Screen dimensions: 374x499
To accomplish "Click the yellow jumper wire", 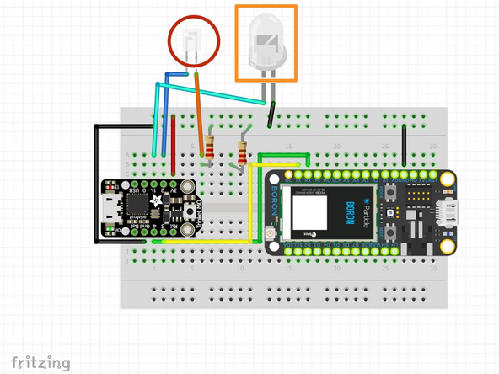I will click(x=250, y=211).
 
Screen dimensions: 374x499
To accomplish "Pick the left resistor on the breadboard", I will click(x=208, y=148).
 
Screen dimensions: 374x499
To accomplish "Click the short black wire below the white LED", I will click(x=271, y=113).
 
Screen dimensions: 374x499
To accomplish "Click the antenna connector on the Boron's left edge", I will click(x=269, y=230).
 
